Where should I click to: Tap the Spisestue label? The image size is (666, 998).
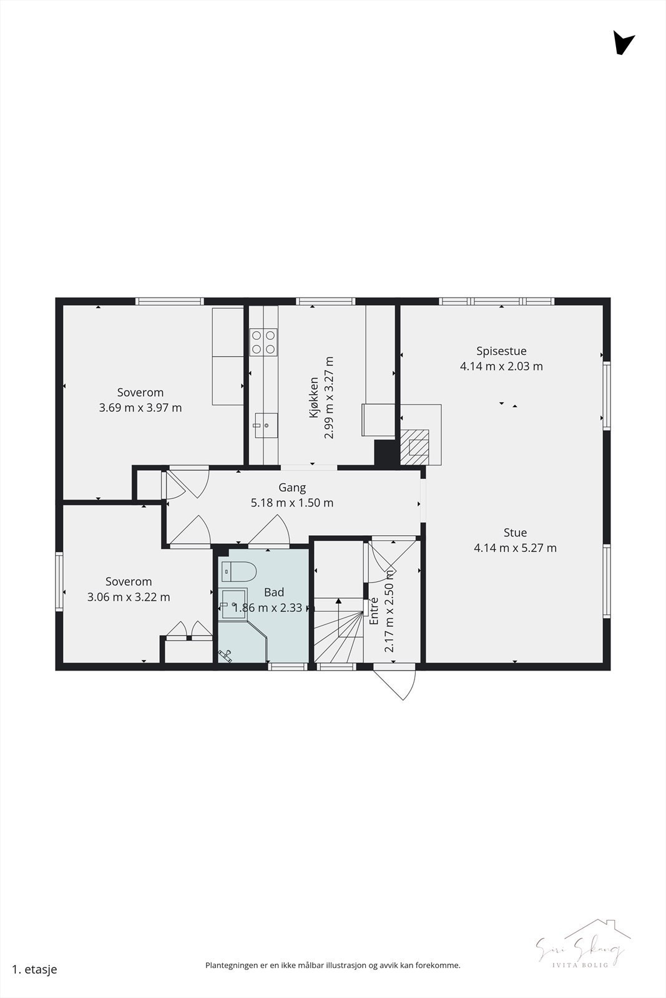tap(501, 351)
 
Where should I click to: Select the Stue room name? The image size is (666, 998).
tap(515, 533)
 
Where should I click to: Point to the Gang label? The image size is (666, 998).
tap(291, 488)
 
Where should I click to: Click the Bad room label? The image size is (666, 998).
tap(274, 593)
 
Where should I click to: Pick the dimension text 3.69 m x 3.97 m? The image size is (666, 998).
tap(140, 408)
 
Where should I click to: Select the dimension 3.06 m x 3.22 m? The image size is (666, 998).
tap(129, 597)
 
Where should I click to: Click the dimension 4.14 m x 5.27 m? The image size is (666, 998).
tap(515, 548)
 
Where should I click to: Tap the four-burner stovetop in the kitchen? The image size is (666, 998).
tap(263, 342)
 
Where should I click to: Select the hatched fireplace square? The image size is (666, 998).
tap(414, 447)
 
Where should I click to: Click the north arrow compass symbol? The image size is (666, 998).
tap(623, 43)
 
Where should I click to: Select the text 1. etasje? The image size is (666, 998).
tap(34, 969)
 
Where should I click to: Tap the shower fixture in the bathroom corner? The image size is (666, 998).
tap(226, 654)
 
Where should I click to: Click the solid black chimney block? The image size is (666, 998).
tap(384, 452)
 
